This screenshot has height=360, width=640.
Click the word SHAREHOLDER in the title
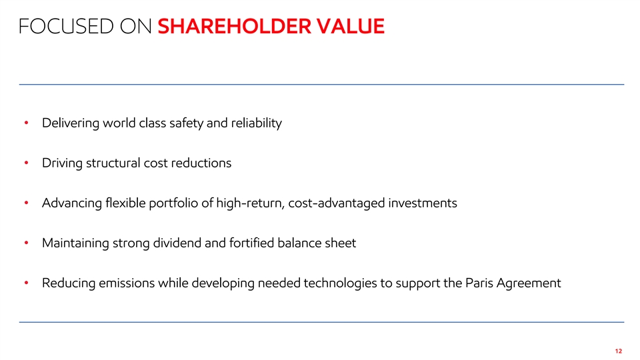click(235, 26)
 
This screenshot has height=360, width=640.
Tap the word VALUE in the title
click(351, 26)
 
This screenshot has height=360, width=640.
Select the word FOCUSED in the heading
click(66, 26)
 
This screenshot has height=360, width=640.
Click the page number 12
click(619, 351)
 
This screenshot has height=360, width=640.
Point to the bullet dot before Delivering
click(26, 123)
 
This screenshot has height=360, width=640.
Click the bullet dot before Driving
click(26, 163)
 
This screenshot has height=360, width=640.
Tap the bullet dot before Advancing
click(26, 203)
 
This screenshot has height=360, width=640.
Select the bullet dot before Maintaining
click(26, 243)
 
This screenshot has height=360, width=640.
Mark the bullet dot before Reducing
click(26, 283)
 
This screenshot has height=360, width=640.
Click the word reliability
click(256, 123)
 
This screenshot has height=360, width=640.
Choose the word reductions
click(201, 163)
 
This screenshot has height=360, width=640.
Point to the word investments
click(423, 203)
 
